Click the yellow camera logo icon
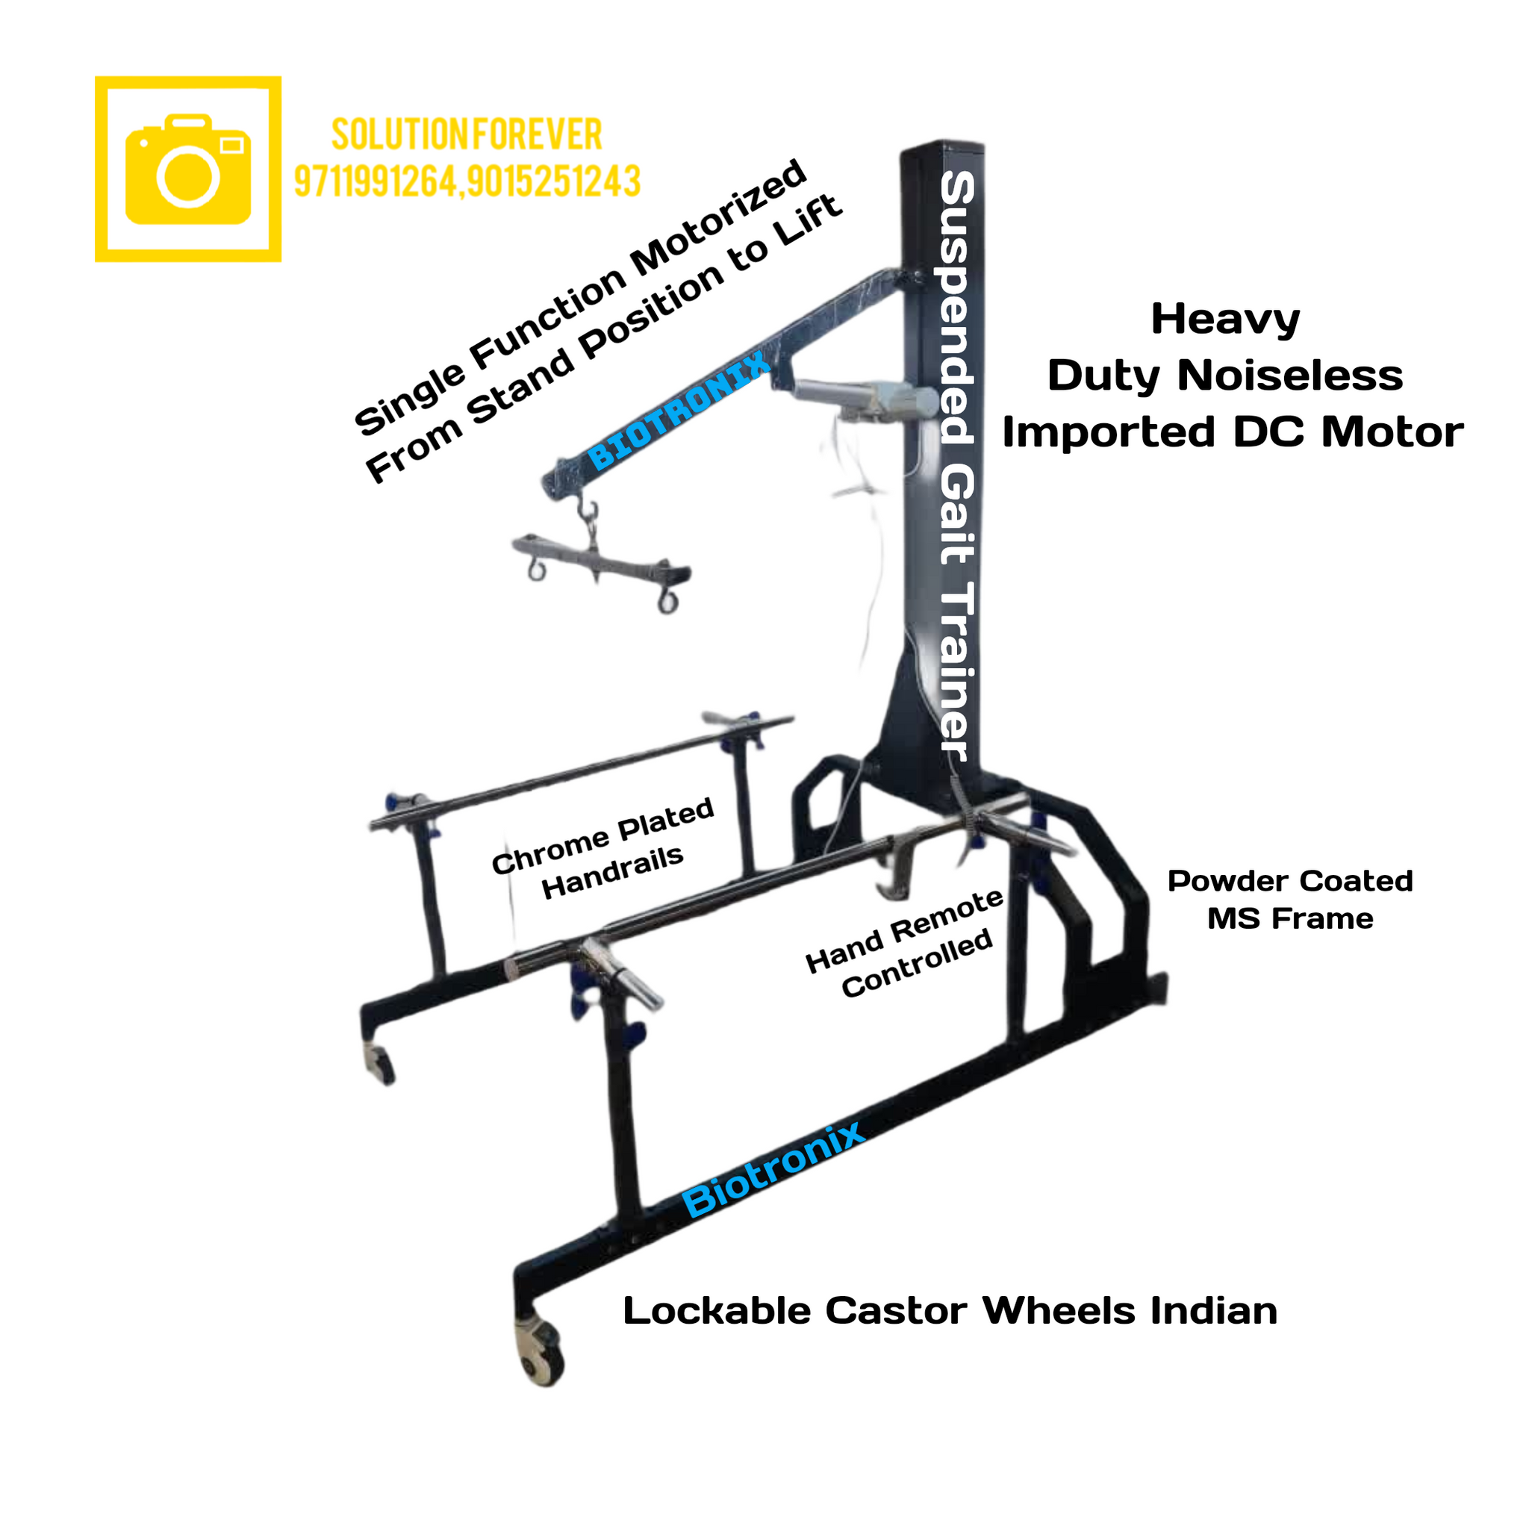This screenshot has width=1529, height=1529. [188, 169]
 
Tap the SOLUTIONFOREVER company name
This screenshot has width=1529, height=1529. [467, 134]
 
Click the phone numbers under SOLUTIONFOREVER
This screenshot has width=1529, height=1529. [467, 181]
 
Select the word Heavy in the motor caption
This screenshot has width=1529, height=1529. [1225, 320]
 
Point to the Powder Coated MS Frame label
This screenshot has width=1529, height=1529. [1290, 900]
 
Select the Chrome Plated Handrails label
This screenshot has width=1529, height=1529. [603, 848]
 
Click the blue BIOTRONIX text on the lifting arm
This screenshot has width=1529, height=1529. [679, 410]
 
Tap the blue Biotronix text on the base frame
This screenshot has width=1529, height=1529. [774, 1171]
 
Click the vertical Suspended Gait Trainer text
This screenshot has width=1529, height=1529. [957, 467]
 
